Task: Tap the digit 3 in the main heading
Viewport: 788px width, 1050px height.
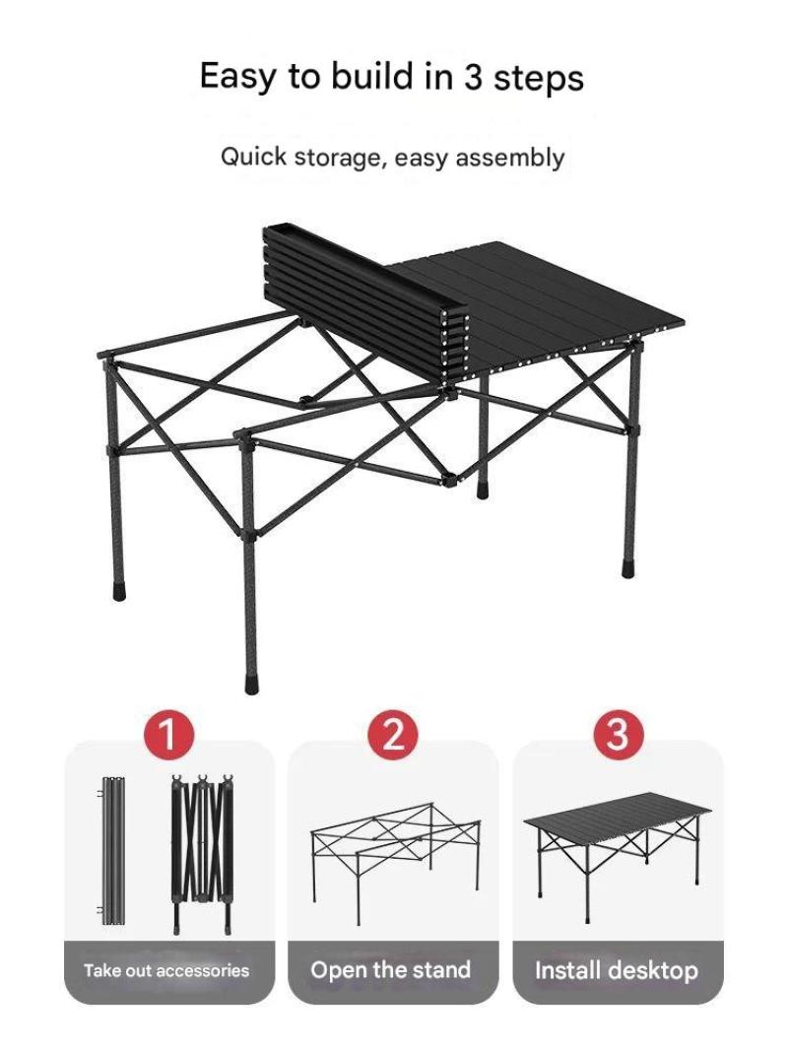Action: [473, 77]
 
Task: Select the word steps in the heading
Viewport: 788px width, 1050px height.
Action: [539, 78]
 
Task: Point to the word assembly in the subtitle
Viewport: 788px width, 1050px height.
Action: [510, 159]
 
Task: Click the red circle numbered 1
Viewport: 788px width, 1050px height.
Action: [168, 734]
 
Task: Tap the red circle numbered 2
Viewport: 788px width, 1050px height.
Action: [393, 734]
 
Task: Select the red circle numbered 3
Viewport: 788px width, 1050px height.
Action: [618, 734]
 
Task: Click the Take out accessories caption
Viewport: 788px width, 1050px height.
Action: [166, 970]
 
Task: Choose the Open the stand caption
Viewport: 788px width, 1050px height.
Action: [391, 969]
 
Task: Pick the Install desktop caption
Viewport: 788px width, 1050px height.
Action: [617, 970]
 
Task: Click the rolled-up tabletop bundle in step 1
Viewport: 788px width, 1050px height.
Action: [112, 850]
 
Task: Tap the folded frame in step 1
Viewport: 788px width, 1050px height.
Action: [203, 854]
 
